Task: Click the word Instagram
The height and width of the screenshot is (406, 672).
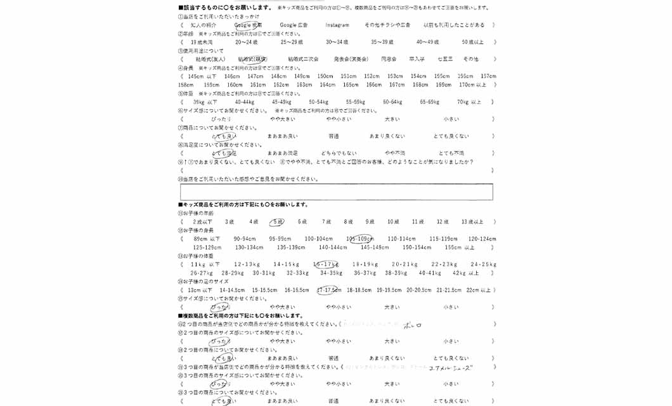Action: click(337, 25)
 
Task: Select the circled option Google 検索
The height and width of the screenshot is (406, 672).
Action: click(248, 25)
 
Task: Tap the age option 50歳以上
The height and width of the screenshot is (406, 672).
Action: click(472, 42)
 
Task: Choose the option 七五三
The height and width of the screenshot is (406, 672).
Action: click(445, 59)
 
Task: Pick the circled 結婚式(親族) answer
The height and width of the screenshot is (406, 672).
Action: click(252, 59)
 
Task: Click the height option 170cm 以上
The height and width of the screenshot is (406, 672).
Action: click(472, 84)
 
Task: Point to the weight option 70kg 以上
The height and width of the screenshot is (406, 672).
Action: click(469, 101)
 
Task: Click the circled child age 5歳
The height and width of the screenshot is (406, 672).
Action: click(277, 222)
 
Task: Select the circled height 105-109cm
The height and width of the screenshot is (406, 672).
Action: click(359, 239)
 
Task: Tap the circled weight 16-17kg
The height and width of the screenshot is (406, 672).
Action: click(325, 265)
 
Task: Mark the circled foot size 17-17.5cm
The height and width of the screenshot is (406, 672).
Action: click(329, 290)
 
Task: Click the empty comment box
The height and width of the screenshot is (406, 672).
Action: click(336, 192)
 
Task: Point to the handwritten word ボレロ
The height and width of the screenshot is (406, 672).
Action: click(412, 325)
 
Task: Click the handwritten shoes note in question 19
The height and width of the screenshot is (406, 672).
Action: click(451, 368)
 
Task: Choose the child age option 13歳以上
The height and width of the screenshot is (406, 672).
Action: click(472, 222)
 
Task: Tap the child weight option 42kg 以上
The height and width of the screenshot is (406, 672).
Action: click(466, 273)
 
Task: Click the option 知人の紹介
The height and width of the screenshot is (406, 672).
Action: click(204, 25)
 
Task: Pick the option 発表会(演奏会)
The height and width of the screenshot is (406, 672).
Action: click(351, 59)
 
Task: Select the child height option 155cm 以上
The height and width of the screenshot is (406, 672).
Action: click(460, 247)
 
